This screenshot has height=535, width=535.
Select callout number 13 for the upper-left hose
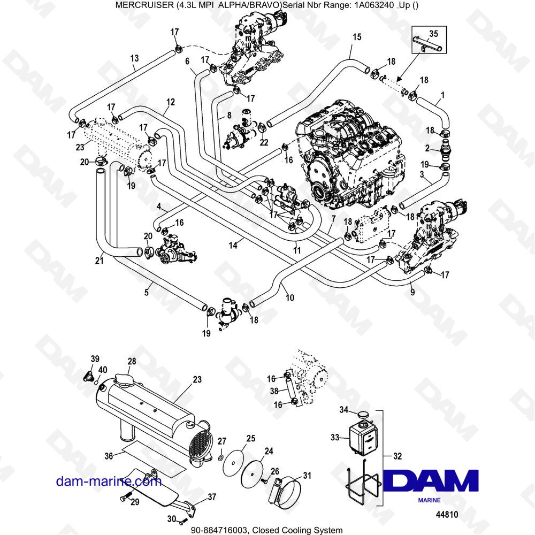pos(134,58)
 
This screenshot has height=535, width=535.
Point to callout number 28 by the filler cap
pos(132,362)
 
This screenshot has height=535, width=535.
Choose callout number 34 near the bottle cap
pos(345,410)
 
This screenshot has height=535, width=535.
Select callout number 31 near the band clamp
pos(307,475)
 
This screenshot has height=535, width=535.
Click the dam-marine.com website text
pos(109,481)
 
